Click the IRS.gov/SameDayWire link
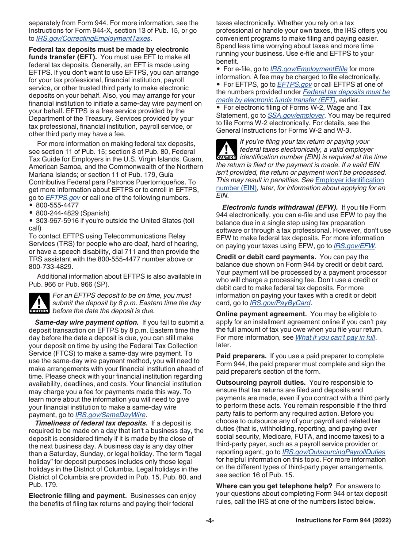click(111, 415)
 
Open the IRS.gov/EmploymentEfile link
click(309, 69)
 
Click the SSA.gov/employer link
click(295, 115)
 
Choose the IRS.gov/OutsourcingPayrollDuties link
click(333, 452)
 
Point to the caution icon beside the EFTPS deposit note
click(39, 303)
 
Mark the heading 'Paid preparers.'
click(241, 356)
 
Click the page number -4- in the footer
click(210, 521)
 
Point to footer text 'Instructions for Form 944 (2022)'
click(343, 521)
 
